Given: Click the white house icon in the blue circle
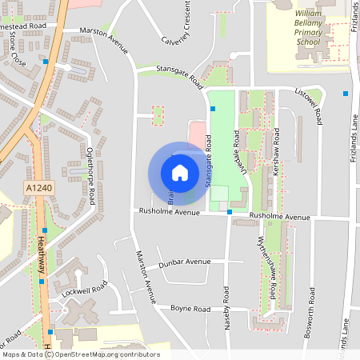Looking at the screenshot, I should [180, 173].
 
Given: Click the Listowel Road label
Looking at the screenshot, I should [309, 104].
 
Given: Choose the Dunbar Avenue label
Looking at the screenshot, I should [183, 262].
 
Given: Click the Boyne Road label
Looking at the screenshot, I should [190, 309].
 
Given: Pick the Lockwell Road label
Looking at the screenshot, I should [83, 290].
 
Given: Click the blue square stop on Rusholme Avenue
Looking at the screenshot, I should [230, 212].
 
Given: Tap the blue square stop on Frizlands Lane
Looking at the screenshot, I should [346, 94].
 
